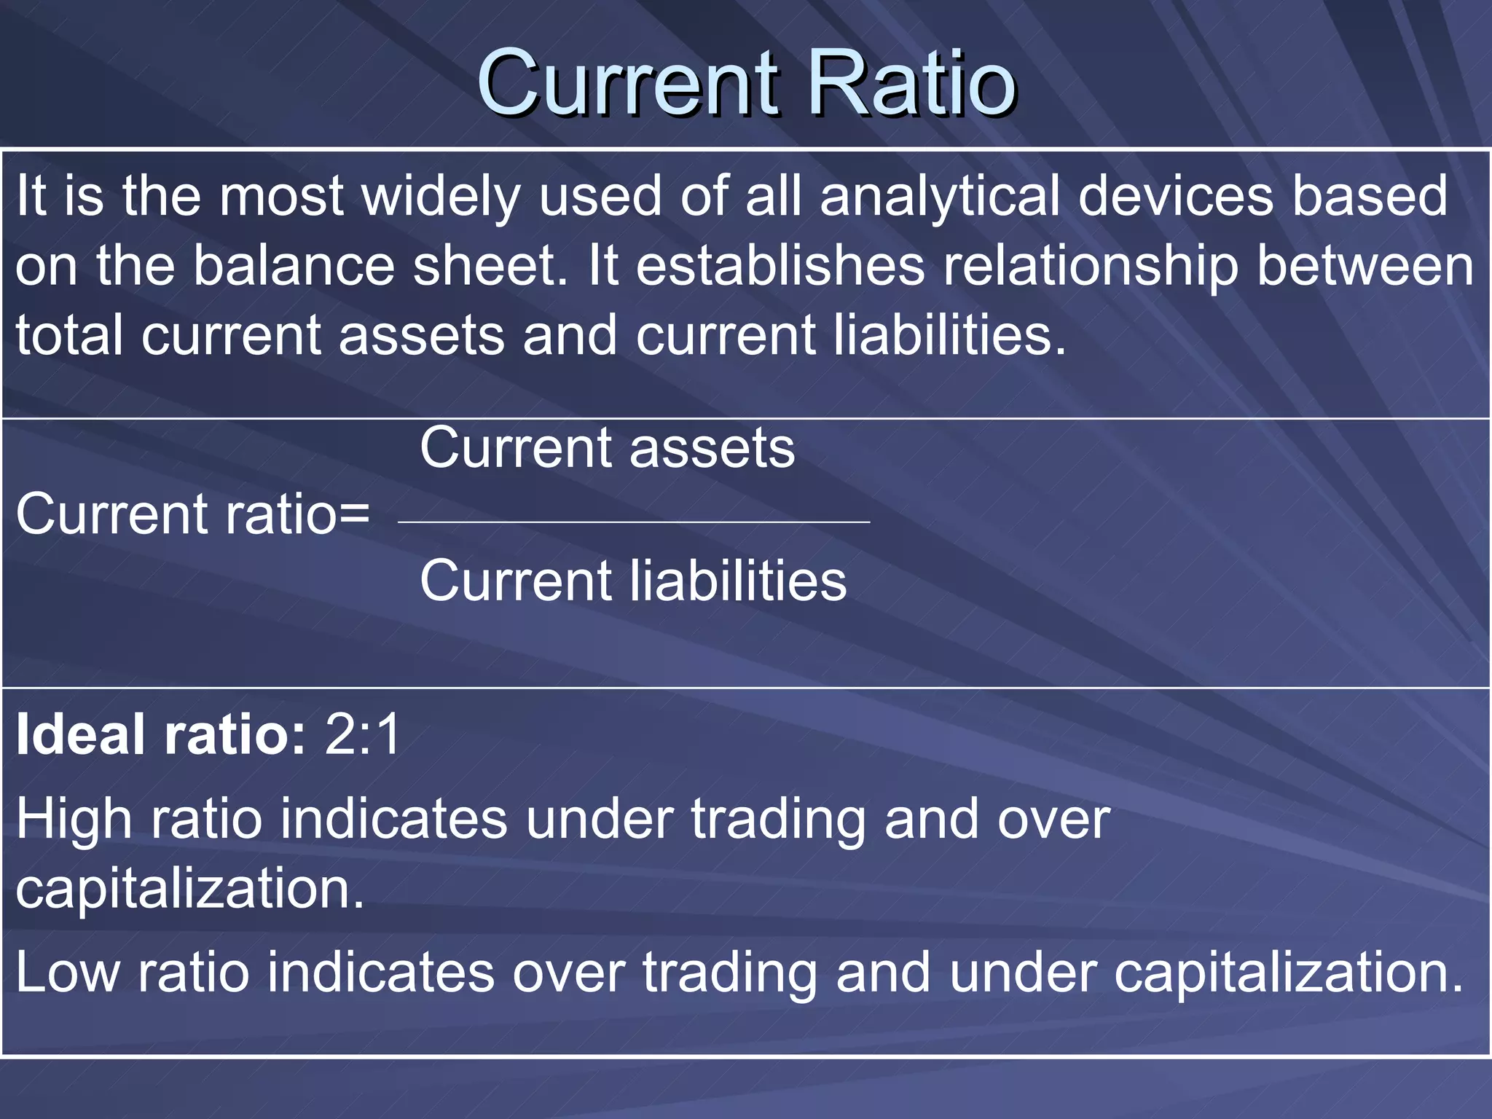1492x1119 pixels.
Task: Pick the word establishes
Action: [x=780, y=266]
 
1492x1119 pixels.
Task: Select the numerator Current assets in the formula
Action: [x=607, y=448]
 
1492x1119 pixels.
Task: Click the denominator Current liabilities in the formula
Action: [x=633, y=581]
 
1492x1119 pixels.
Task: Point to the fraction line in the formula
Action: [x=634, y=522]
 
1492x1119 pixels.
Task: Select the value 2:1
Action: [x=363, y=734]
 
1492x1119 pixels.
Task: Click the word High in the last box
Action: [x=74, y=820]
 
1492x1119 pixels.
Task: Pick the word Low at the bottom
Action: [x=68, y=973]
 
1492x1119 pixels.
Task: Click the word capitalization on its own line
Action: [x=189, y=889]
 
